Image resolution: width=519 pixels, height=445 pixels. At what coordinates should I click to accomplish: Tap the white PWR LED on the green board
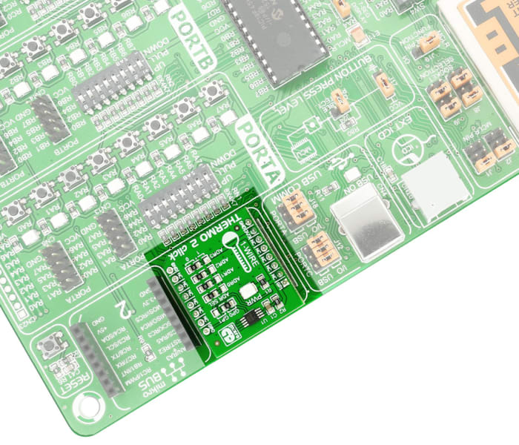click(248, 291)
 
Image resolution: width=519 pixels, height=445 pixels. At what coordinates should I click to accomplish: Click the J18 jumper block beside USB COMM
click(299, 210)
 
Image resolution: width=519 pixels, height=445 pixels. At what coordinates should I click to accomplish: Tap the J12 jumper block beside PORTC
click(322, 249)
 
